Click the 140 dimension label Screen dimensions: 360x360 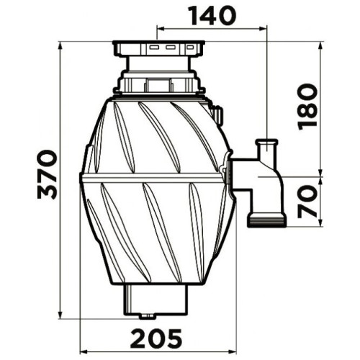tap(213, 16)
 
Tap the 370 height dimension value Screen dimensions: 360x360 tap(48, 174)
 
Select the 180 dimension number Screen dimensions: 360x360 tap(307, 107)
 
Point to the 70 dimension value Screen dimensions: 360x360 tap(307, 202)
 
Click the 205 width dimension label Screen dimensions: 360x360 tap(156, 338)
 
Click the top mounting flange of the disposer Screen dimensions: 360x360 tap(158, 48)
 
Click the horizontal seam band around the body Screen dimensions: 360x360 tap(152, 178)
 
